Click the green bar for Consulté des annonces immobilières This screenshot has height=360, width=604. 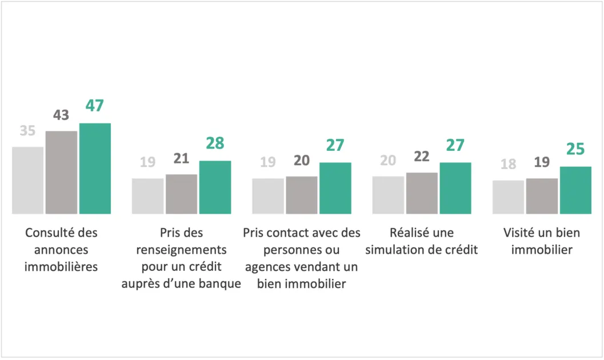click(95, 169)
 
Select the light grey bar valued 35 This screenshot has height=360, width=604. click(28, 180)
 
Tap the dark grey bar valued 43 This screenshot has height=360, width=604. click(61, 173)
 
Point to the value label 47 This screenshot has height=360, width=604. click(95, 106)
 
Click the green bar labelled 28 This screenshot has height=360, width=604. click(215, 187)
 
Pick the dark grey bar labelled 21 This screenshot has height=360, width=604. click(182, 194)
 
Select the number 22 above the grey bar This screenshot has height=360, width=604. click(422, 157)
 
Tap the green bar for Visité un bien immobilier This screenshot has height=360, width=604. click(575, 190)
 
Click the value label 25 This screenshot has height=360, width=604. click(575, 149)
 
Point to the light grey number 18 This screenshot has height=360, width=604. click(509, 164)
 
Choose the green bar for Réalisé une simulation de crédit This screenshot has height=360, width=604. click(455, 188)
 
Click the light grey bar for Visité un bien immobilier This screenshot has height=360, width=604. click(509, 197)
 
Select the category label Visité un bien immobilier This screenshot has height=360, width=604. click(542, 241)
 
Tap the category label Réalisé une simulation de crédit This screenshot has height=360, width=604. click(422, 241)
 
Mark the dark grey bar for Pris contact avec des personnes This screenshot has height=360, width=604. click(302, 195)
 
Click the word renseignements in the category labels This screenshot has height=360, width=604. click(182, 250)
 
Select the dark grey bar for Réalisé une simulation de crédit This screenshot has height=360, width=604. click(422, 193)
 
